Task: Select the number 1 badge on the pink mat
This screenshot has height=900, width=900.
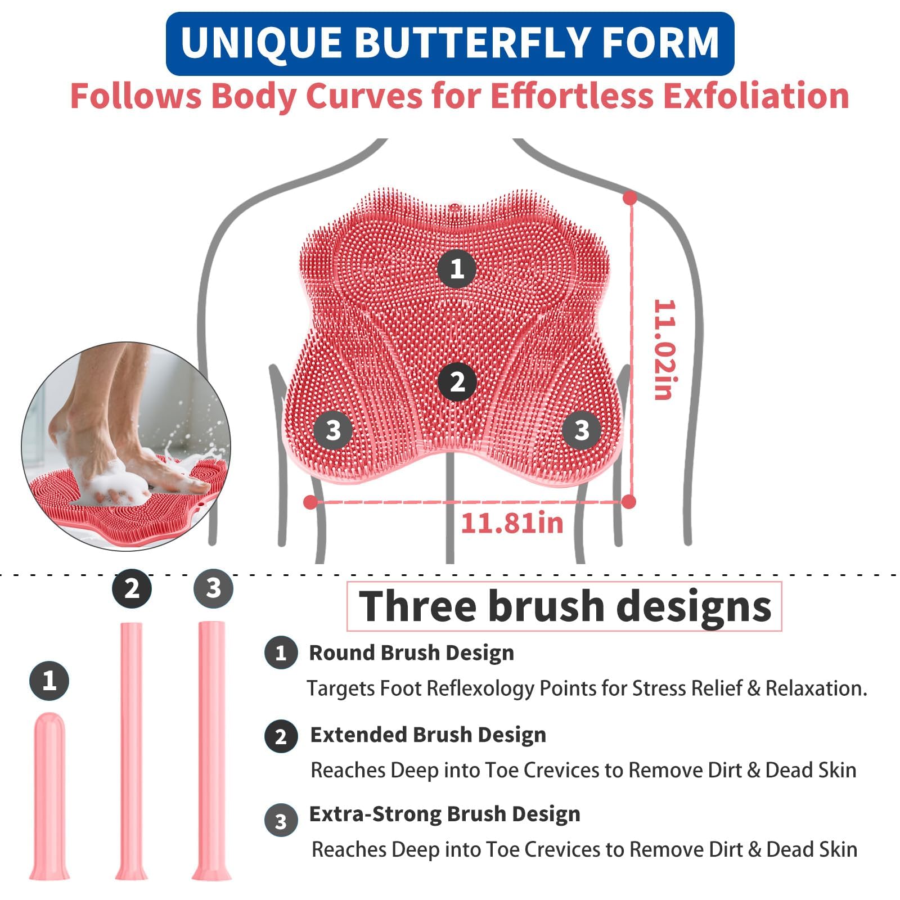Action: click(x=457, y=268)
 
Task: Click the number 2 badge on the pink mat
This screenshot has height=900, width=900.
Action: click(x=457, y=382)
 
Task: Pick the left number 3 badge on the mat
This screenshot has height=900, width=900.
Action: click(x=334, y=430)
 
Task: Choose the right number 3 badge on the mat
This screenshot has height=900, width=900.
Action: click(x=582, y=430)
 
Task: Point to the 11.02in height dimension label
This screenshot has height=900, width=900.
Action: click(x=664, y=349)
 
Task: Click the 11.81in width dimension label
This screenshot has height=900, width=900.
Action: click(x=512, y=523)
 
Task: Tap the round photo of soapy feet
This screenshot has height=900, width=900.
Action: click(x=126, y=446)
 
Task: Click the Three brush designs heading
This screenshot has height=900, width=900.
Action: click(x=565, y=606)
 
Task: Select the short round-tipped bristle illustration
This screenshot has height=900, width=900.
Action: click(x=49, y=796)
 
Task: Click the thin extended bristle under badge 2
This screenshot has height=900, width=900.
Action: click(x=131, y=751)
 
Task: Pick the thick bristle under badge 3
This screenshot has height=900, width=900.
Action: click(x=212, y=751)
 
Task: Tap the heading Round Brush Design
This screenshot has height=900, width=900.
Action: click(x=411, y=652)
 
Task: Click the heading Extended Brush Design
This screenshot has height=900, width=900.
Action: click(x=428, y=735)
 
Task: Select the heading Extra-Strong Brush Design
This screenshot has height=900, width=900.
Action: click(x=445, y=814)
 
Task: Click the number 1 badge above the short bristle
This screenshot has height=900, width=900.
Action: click(x=49, y=681)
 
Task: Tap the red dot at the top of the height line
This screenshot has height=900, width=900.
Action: click(x=630, y=198)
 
